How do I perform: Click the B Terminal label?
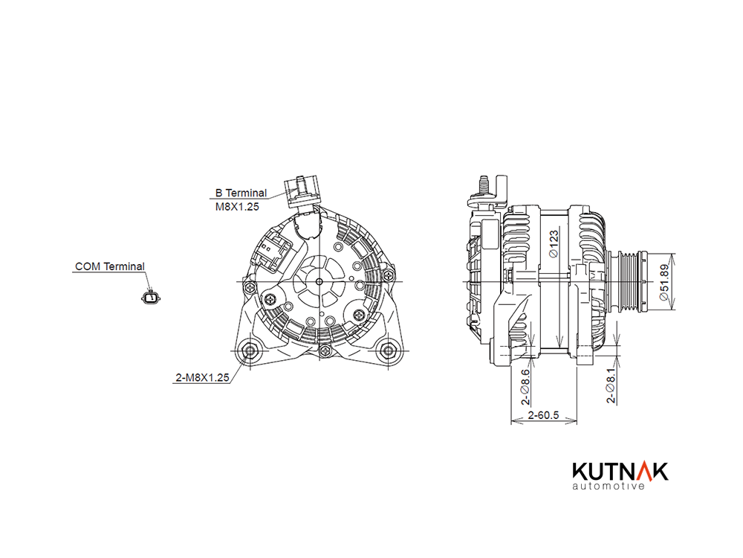pos(241,193)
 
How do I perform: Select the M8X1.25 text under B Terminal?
pos(237,207)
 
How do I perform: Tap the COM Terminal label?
pos(109,266)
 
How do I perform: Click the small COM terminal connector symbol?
pos(151,298)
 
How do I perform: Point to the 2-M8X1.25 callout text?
pos(202,378)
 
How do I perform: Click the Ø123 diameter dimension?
pos(554,244)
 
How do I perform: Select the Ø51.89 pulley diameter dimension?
pos(665,282)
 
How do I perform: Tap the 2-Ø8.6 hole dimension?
pos(525,387)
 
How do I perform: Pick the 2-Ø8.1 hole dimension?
pos(611,385)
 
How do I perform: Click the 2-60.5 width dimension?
pos(544,415)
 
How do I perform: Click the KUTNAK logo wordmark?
pos(620,472)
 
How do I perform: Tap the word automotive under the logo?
pos(609,486)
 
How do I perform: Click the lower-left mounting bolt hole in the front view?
pos(250,350)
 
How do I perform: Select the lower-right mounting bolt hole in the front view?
pos(388,350)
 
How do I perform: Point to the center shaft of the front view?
pos(319,282)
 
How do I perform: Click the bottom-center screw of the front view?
pos(325,350)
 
